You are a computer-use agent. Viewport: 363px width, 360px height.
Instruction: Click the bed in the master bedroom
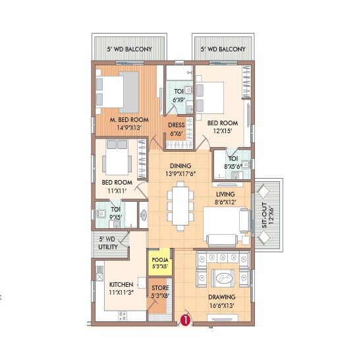(x=119, y=85)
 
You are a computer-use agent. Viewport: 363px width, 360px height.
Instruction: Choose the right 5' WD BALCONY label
(x=223, y=49)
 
